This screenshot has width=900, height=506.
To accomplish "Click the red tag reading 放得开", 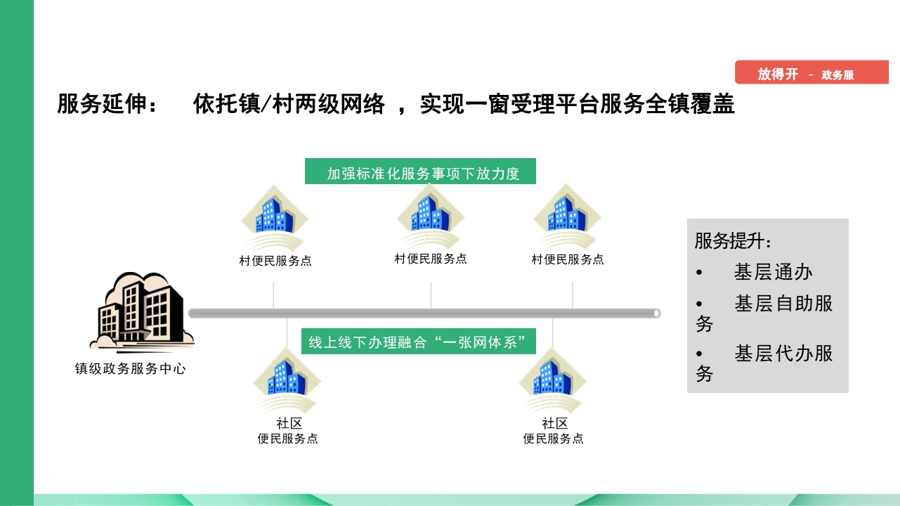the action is (x=811, y=72).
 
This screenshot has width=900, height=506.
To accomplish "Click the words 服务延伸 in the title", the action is (x=101, y=104).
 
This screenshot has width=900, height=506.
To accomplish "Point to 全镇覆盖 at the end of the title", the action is (x=690, y=104).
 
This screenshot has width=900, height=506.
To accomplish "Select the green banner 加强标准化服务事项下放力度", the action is (x=420, y=171).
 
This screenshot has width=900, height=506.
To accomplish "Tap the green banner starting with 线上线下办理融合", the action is (x=419, y=342).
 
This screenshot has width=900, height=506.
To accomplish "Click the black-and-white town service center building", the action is (x=142, y=312).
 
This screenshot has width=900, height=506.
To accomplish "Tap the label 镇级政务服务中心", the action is (x=130, y=368).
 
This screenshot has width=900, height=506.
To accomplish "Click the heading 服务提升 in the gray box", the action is (x=733, y=241).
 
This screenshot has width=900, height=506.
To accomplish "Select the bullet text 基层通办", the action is (x=773, y=272).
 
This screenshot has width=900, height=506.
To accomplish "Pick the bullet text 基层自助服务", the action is (x=764, y=313).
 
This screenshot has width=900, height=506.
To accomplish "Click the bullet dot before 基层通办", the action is (x=699, y=273).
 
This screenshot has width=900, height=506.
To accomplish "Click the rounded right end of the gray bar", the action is (x=656, y=313).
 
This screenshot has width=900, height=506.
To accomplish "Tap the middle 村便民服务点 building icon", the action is (x=431, y=216).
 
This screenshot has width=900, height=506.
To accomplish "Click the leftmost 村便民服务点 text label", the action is (x=275, y=261).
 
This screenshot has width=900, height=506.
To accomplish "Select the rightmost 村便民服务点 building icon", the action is (x=567, y=216).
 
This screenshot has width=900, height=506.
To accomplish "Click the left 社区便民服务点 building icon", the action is (x=287, y=380).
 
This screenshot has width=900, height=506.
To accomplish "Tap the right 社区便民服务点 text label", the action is (x=553, y=431).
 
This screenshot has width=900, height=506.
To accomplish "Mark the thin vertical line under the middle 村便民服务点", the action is (x=431, y=295).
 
